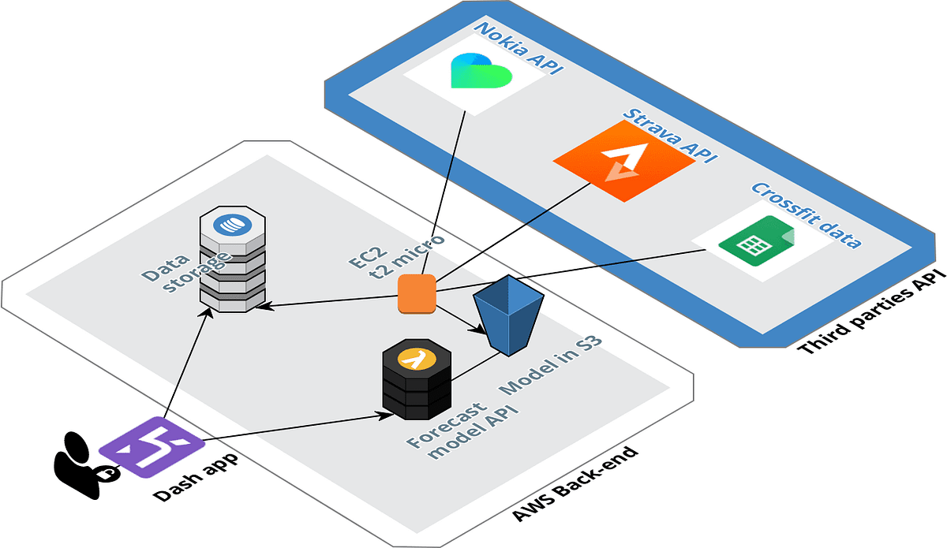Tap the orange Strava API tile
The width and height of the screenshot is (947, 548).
pos(623,162)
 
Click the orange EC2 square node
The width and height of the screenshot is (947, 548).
pos(416,293)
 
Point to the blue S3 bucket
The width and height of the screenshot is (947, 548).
pos(509,315)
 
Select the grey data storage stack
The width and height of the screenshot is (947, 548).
pos(232,260)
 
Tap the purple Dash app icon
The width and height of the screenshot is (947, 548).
pos(142,448)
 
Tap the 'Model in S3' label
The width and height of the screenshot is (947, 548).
pos(552,367)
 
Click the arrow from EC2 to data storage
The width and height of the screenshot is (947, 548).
pos(331,302)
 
